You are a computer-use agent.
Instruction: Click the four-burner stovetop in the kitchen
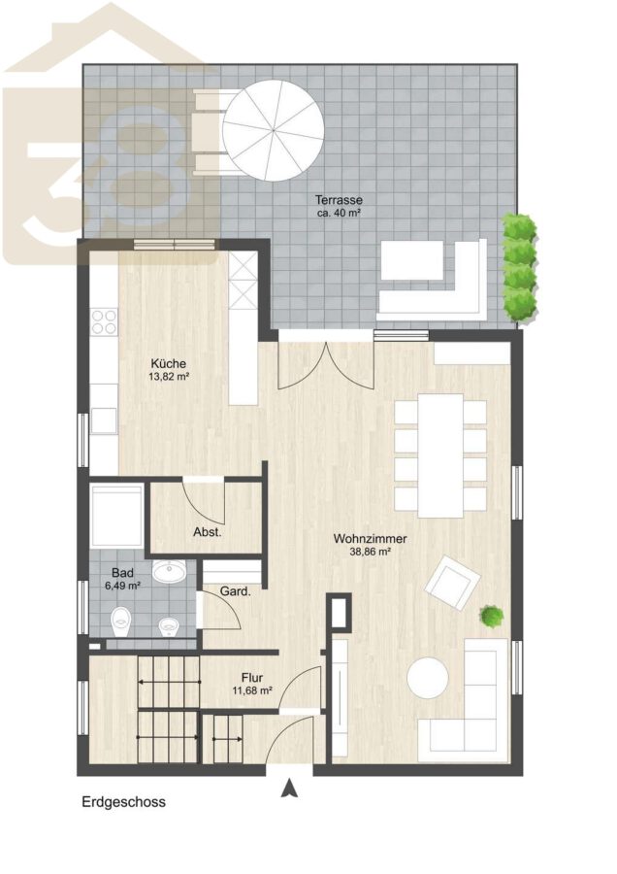[104, 321]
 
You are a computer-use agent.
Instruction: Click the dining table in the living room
[440, 455]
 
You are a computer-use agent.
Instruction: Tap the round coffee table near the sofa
[427, 678]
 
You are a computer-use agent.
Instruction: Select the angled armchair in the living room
[452, 583]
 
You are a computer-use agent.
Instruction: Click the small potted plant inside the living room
[492, 617]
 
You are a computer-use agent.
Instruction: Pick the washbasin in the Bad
[172, 572]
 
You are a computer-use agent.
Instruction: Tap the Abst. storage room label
[208, 532]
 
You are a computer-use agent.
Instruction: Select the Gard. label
[235, 591]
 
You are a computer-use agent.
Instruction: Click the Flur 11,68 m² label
[252, 684]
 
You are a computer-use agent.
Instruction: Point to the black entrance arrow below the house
[288, 790]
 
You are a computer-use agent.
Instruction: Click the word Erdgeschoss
[123, 802]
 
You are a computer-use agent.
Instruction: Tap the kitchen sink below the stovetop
[104, 420]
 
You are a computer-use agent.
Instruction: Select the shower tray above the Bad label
[117, 517]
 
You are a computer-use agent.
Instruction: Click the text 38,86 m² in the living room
[370, 552]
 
